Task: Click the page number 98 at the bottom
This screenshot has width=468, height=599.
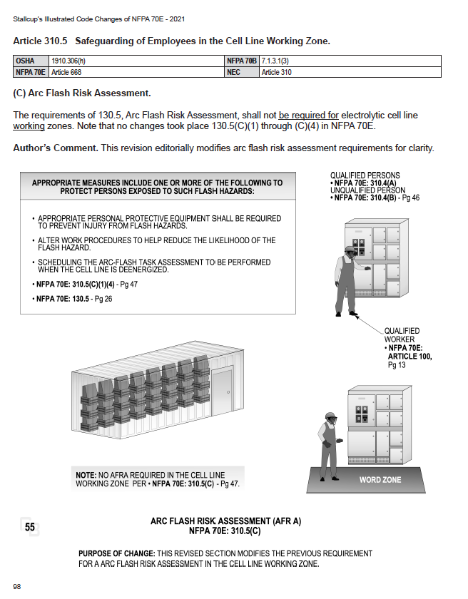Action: [x=16, y=586]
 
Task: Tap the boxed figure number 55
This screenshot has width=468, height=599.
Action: [x=30, y=527]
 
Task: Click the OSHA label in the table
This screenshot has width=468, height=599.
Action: [x=25, y=62]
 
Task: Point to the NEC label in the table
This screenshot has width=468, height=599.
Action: [x=235, y=72]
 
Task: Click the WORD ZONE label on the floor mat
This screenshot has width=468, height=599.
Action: [x=380, y=480]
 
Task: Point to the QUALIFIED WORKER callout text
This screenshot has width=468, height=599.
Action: [x=402, y=335]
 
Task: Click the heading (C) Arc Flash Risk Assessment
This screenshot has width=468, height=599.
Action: [x=82, y=93]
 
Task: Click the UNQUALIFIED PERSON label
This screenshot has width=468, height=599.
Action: [x=365, y=190]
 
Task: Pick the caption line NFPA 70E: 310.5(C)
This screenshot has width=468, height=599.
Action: [x=225, y=531]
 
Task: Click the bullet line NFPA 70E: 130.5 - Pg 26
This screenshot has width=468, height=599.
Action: [x=74, y=298]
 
